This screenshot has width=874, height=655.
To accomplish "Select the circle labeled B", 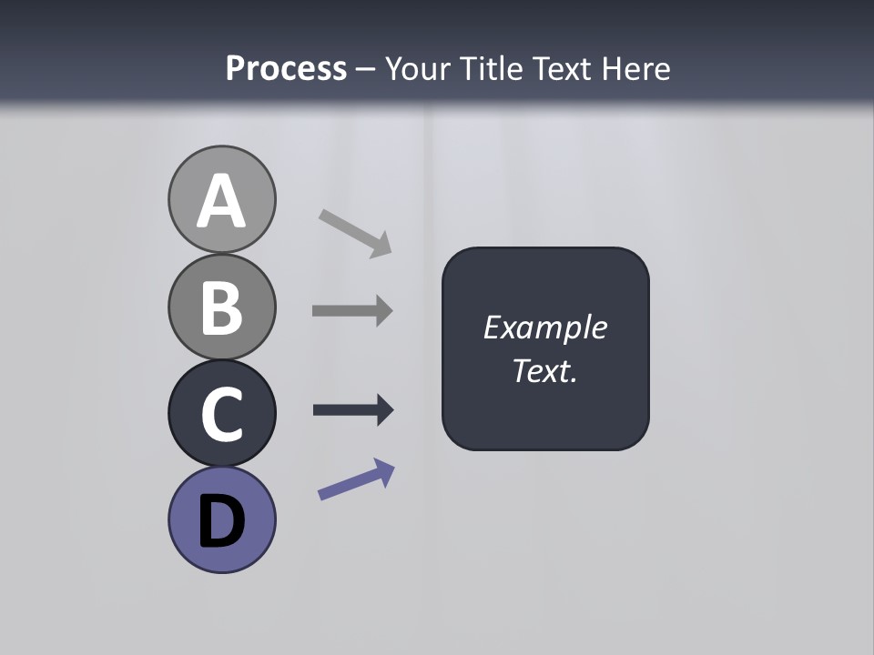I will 221,307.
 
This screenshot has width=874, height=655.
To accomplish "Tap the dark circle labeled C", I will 221,413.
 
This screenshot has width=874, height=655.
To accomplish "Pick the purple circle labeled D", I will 221,519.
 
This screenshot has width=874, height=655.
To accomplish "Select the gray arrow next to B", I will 351,310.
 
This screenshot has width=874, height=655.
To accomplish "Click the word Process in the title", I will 286,68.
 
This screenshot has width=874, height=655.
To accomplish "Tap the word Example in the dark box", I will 544,327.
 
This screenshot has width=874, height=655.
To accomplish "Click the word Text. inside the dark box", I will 544,370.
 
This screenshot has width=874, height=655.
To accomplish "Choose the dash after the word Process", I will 365,69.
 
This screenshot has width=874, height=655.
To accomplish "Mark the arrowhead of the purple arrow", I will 384,470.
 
